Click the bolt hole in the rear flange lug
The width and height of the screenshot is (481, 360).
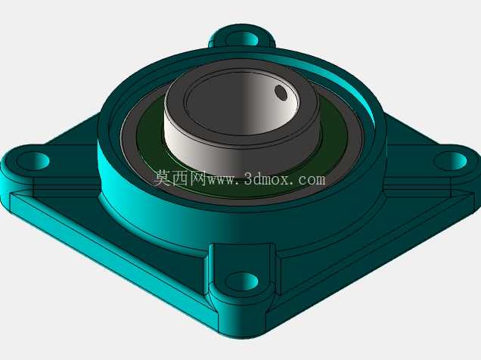coord(242,39)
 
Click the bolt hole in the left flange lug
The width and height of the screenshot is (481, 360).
coord(33,161)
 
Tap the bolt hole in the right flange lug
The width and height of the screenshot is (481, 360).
coord(450,161)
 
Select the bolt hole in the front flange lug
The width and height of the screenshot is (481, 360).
coord(242,281)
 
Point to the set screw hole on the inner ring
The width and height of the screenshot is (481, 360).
coord(281,92)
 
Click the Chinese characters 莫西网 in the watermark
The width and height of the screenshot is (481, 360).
coord(179,178)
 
